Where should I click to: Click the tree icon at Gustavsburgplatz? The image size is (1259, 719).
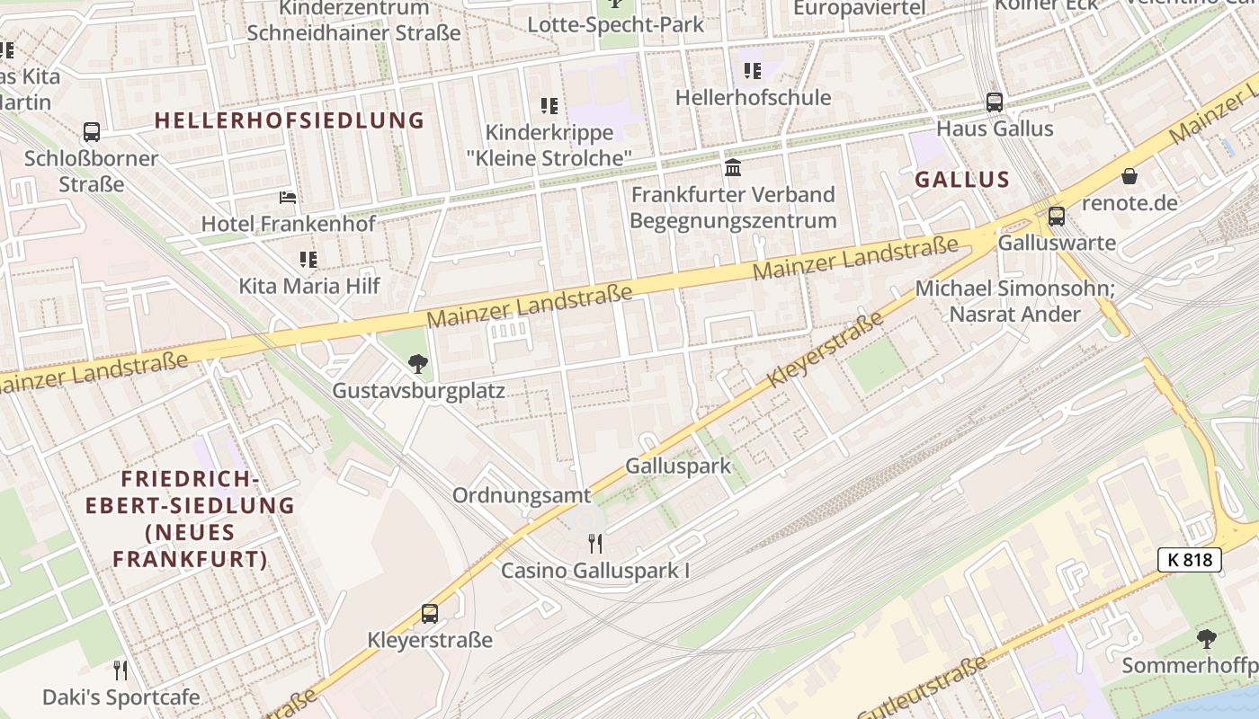pyautogui.click(x=417, y=363)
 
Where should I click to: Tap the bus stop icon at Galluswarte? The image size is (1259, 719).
pyautogui.click(x=1057, y=216)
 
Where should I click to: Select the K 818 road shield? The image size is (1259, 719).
pyautogui.click(x=1190, y=560)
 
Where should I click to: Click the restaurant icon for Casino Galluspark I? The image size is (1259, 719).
pyautogui.click(x=594, y=543)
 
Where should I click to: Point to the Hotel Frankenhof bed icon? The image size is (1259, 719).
pyautogui.click(x=288, y=197)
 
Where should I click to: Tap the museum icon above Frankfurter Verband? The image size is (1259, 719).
pyautogui.click(x=733, y=167)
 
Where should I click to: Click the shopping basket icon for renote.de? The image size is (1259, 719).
pyautogui.click(x=1129, y=176)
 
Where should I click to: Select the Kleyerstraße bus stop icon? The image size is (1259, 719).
pyautogui.click(x=430, y=614)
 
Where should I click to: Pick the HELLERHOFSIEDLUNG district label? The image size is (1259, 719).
pyautogui.click(x=289, y=120)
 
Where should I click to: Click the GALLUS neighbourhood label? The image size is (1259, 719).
pyautogui.click(x=962, y=179)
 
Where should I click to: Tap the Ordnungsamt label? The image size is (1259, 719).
pyautogui.click(x=522, y=495)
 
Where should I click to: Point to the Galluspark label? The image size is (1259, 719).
pyautogui.click(x=678, y=466)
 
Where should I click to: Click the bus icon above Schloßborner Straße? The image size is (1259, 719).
pyautogui.click(x=92, y=132)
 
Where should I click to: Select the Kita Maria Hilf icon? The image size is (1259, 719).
pyautogui.click(x=308, y=260)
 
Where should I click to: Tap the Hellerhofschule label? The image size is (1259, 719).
pyautogui.click(x=753, y=96)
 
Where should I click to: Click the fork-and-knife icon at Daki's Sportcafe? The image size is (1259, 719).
pyautogui.click(x=121, y=670)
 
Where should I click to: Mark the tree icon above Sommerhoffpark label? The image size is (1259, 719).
pyautogui.click(x=1207, y=639)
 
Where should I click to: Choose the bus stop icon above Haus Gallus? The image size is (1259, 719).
pyautogui.click(x=995, y=102)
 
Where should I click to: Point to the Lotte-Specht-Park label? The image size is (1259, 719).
pyautogui.click(x=615, y=24)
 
